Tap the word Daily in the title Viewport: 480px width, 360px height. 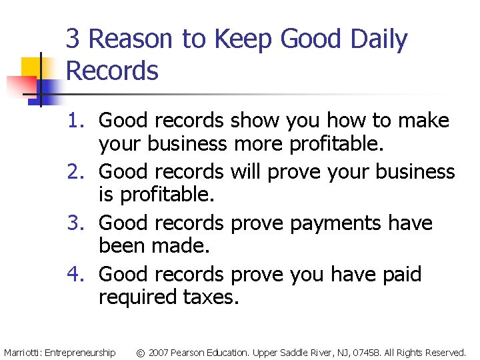379,41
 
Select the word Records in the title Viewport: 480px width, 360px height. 113,71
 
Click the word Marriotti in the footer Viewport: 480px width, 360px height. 22,352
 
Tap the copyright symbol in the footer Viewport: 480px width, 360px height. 141,352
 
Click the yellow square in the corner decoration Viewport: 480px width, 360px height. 32,67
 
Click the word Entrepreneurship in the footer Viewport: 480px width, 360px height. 80,352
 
